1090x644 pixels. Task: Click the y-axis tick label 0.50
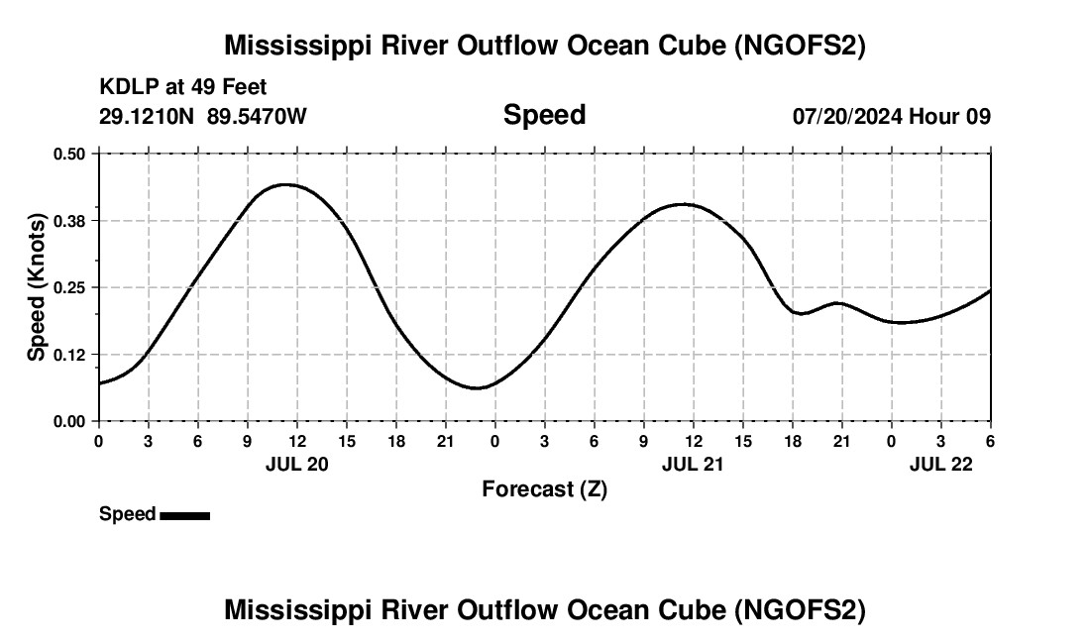pyautogui.click(x=69, y=154)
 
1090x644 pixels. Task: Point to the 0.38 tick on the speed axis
pyautogui.click(x=69, y=220)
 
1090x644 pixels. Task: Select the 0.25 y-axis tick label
pyautogui.click(x=69, y=287)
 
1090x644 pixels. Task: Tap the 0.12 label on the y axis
pyautogui.click(x=69, y=354)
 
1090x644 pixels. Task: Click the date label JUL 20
pyautogui.click(x=296, y=464)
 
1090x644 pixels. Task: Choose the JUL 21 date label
pyautogui.click(x=693, y=464)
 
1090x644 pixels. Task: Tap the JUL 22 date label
pyautogui.click(x=940, y=464)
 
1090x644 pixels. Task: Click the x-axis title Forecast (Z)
pyautogui.click(x=544, y=488)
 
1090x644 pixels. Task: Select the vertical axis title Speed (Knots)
pyautogui.click(x=37, y=287)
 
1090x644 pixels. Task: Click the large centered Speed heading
pyautogui.click(x=544, y=115)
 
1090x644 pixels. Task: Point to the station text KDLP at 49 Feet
pyautogui.click(x=183, y=88)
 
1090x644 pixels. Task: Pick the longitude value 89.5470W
pyautogui.click(x=257, y=116)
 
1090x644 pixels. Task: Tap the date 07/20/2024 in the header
pyautogui.click(x=847, y=116)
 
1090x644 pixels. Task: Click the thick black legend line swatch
pyautogui.click(x=184, y=515)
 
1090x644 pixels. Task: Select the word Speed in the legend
pyautogui.click(x=127, y=514)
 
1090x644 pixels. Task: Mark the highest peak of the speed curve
pyautogui.click(x=286, y=184)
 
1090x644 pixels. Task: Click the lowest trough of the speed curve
pyautogui.click(x=477, y=388)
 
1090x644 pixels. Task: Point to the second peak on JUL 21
pyautogui.click(x=684, y=204)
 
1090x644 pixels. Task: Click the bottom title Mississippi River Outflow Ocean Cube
pyautogui.click(x=544, y=610)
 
